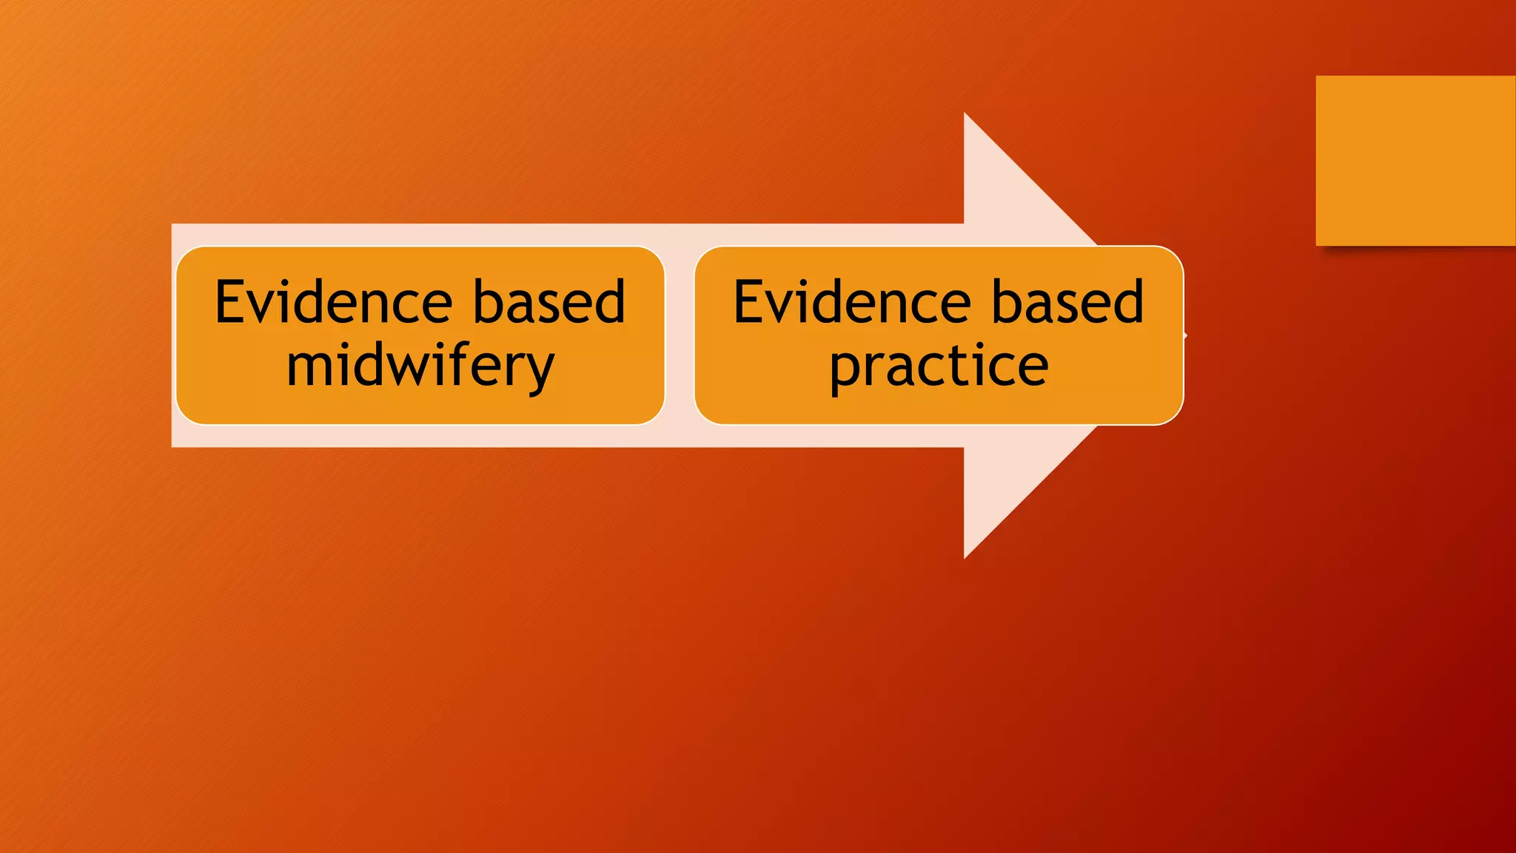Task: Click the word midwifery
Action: (420, 367)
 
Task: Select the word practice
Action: (939, 367)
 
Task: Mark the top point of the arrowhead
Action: (965, 116)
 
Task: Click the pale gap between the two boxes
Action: (680, 335)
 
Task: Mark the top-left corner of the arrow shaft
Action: (173, 225)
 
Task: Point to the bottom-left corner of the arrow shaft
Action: (173, 446)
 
